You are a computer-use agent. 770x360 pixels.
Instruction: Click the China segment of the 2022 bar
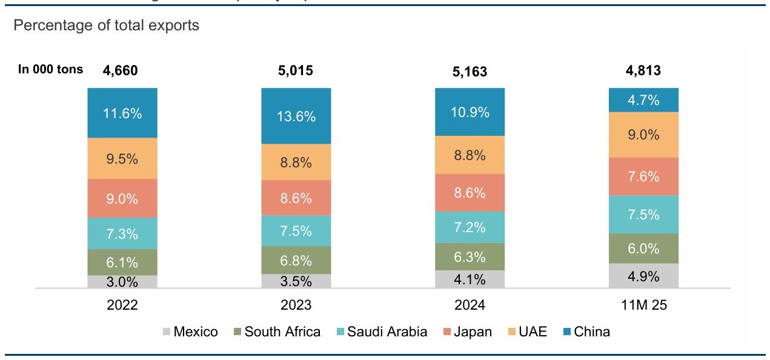[x=122, y=113]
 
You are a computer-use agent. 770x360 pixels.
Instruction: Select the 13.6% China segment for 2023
[x=296, y=116]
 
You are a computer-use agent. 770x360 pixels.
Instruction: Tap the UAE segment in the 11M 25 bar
[x=643, y=135]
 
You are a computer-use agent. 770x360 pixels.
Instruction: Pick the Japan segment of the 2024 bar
[x=470, y=193]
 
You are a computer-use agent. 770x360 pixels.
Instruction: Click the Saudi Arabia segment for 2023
[x=296, y=231]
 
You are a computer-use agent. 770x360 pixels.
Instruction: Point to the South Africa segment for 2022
[x=122, y=262]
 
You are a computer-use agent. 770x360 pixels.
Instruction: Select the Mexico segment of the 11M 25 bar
[x=643, y=276]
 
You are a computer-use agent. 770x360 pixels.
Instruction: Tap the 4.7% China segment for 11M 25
[x=643, y=100]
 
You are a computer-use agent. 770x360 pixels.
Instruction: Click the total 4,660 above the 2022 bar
[x=121, y=70]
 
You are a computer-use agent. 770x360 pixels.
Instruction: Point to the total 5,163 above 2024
[x=470, y=72]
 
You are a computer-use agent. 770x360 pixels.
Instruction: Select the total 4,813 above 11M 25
[x=643, y=70]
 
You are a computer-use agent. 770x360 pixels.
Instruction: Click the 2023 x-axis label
[x=296, y=305]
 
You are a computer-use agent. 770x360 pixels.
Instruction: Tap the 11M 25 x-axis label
[x=643, y=305]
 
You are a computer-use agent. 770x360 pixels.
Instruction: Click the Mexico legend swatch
[x=166, y=332]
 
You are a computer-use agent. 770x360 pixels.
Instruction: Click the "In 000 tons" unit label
[x=51, y=70]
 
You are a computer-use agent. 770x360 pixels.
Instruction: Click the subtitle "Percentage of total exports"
[x=106, y=26]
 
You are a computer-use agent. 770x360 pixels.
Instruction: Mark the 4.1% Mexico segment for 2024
[x=470, y=279]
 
